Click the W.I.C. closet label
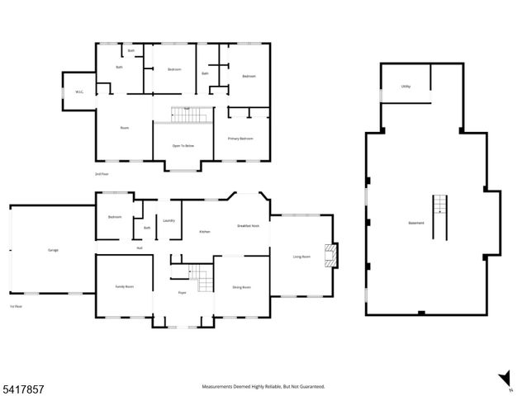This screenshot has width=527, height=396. coord(79,92)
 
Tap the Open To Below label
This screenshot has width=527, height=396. coord(183,145)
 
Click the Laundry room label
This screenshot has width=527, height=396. coord(169,220)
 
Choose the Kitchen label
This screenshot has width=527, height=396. coord(204,232)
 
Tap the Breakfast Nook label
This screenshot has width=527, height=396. coord(248,225)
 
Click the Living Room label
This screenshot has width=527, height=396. coord(301,257)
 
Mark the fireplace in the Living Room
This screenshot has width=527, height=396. coord(332,257)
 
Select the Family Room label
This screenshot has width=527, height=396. coord(124,286)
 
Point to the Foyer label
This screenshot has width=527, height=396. coord(183,293)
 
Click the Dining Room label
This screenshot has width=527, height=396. coord(241,286)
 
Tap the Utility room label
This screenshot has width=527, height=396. coord(406,86)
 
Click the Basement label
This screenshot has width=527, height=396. coord(416,223)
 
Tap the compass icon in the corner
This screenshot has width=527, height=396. coord(503,381)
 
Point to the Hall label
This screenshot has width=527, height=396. coord(140,247)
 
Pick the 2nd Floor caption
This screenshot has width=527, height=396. coord(102,173)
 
